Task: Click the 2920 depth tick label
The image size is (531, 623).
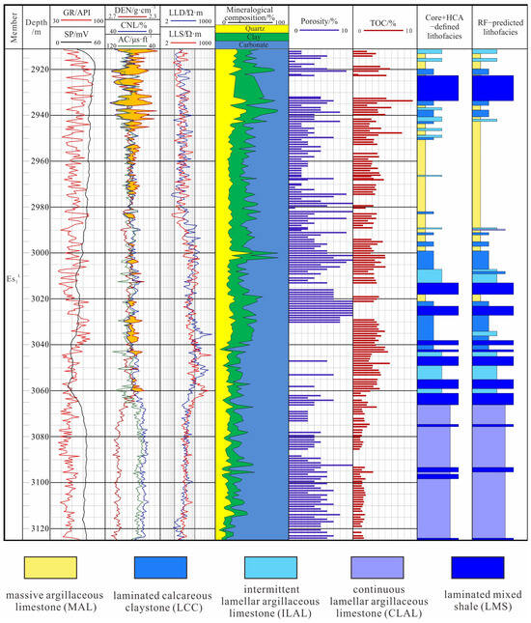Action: (x=38, y=70)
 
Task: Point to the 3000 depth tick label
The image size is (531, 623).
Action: (x=38, y=253)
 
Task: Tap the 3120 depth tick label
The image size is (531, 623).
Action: (x=38, y=528)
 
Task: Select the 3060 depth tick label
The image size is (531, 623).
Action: (x=38, y=390)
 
